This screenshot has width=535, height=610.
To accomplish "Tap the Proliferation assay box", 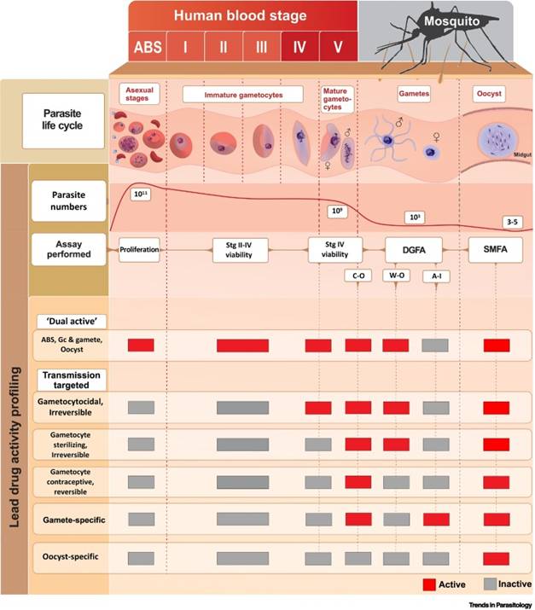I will pyautogui.click(x=141, y=251).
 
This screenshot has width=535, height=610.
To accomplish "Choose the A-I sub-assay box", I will pyautogui.click(x=436, y=276).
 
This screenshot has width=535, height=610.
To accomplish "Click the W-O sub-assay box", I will pyautogui.click(x=396, y=276).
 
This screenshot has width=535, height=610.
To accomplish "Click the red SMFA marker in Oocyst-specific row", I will pyautogui.click(x=496, y=558).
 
